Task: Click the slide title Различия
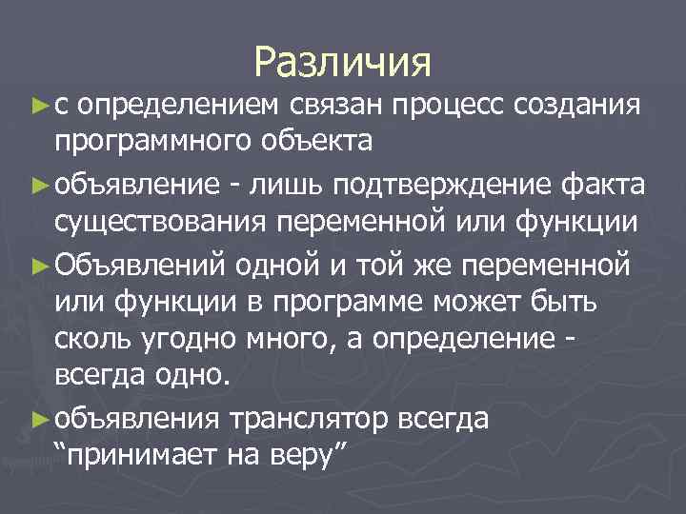(x=343, y=63)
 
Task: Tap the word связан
(x=333, y=103)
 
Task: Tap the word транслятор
(x=304, y=417)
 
